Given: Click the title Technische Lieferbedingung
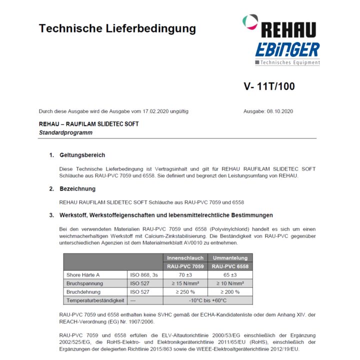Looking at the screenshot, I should click(117, 28).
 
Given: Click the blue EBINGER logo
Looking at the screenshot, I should click(287, 50).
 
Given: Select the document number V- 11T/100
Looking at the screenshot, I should click(269, 86).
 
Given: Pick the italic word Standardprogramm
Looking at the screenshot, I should click(65, 132).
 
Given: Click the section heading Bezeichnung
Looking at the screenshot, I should click(77, 189).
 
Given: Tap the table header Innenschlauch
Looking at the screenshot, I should click(185, 258).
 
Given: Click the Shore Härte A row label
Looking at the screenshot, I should click(83, 275).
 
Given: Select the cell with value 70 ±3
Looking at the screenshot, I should click(185, 275).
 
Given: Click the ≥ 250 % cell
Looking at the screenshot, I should click(185, 292).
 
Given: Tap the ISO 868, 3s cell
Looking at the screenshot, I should click(144, 275).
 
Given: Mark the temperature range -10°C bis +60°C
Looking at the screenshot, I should click(207, 300).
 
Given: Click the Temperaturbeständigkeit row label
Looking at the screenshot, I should click(95, 300).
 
